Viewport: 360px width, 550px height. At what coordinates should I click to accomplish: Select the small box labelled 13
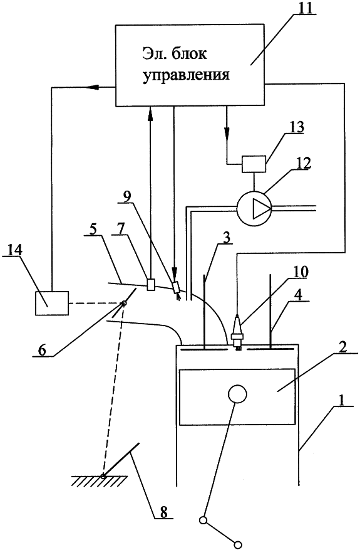click(253, 164)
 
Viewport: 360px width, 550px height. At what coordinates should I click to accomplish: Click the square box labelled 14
click(52, 303)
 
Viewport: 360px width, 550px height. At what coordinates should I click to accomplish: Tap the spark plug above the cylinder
click(237, 332)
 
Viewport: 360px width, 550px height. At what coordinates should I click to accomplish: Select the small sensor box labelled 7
click(151, 285)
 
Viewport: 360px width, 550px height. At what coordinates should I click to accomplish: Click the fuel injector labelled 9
click(176, 288)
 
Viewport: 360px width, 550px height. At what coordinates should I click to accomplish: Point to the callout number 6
click(43, 351)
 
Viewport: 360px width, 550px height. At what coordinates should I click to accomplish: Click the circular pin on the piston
click(237, 394)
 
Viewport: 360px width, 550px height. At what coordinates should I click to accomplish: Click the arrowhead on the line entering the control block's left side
click(92, 87)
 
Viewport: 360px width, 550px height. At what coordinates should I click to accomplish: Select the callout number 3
click(227, 238)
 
